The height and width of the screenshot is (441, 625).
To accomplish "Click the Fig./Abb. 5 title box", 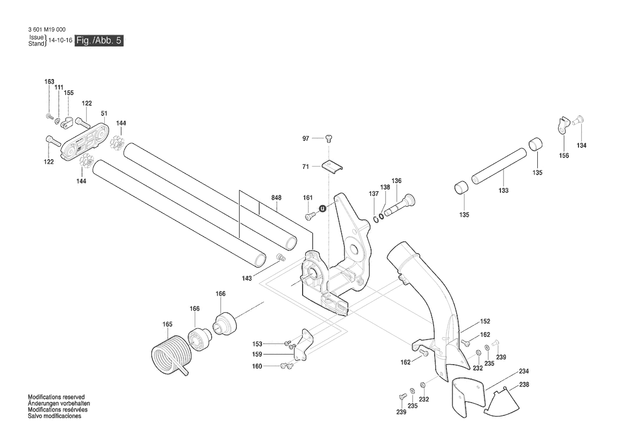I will pos(99,41).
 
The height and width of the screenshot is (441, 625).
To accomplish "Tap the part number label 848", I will pos(276,198).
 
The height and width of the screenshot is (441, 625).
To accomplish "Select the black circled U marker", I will pos(322,209).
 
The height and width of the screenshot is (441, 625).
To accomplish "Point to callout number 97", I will pos(306,139).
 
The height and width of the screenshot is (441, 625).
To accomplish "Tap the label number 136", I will pos(396,181).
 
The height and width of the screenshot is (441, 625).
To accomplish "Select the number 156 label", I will pos(564,156).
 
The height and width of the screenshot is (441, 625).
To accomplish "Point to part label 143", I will pos(246,279).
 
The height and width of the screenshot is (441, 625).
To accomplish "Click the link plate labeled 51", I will pos(86,140).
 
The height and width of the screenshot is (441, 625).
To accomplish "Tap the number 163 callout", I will pos(49,82).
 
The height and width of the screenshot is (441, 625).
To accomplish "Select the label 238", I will pos(524,384).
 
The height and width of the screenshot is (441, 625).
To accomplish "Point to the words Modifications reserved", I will pos(56,398).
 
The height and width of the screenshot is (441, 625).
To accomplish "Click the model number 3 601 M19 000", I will pos(48,30).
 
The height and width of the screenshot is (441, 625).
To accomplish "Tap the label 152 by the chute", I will pos(485,321).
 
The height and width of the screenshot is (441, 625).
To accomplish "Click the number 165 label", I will pos(167,324).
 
